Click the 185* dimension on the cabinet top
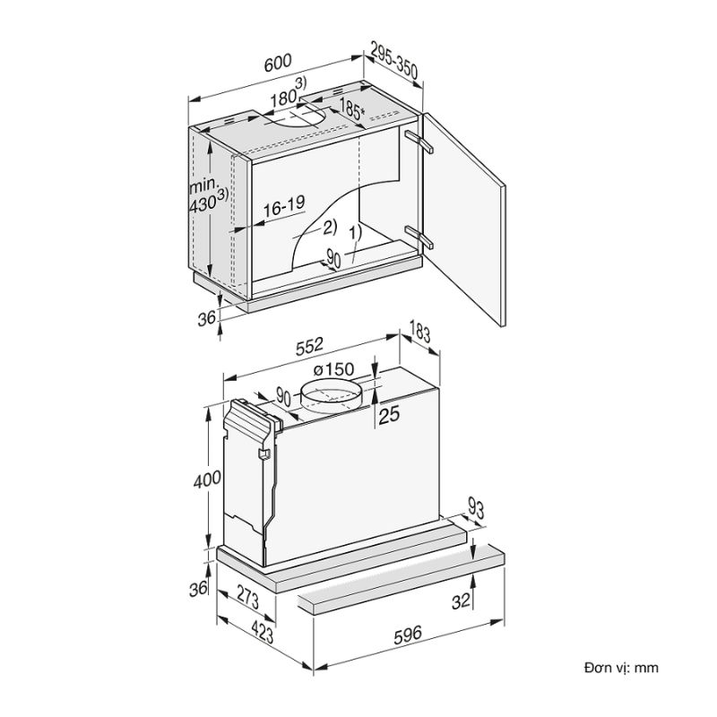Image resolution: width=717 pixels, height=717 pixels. click(x=350, y=110)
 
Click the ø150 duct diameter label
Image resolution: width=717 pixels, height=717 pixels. click(x=333, y=368)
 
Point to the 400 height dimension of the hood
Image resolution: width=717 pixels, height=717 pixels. click(x=206, y=480)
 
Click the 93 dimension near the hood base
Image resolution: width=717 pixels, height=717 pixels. click(x=476, y=511)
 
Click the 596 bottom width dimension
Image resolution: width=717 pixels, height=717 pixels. click(x=406, y=635)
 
